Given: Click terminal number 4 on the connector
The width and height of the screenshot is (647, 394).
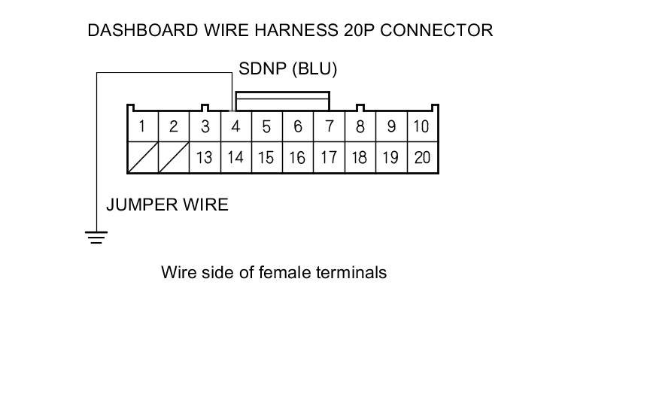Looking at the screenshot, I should click(x=235, y=126).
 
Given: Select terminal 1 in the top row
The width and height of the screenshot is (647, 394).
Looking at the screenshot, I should click(x=142, y=126).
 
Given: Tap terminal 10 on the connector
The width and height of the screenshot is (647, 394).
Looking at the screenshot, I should click(x=422, y=126).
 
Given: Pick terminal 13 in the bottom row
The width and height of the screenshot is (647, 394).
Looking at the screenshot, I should click(x=205, y=158).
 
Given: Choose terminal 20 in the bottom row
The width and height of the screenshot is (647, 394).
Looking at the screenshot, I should click(x=422, y=158).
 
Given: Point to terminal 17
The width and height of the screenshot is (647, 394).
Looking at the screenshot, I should click(x=329, y=158).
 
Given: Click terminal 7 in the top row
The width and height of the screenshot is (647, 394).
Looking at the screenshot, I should click(x=329, y=126).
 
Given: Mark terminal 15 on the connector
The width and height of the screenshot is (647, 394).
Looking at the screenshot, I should click(x=266, y=158).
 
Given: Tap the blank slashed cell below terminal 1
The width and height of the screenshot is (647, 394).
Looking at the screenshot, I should click(x=142, y=158).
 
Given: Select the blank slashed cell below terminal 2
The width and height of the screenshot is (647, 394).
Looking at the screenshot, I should click(x=174, y=158).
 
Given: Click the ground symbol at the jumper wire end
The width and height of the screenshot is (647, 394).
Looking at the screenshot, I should click(x=96, y=238).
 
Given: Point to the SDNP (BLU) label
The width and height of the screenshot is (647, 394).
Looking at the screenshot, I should click(x=287, y=69).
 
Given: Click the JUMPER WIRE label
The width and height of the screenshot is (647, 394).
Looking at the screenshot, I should click(x=167, y=205).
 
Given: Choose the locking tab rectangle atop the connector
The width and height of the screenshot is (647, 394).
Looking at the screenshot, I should click(x=282, y=102).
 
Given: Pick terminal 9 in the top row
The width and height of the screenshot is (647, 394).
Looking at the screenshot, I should click(x=391, y=126).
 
